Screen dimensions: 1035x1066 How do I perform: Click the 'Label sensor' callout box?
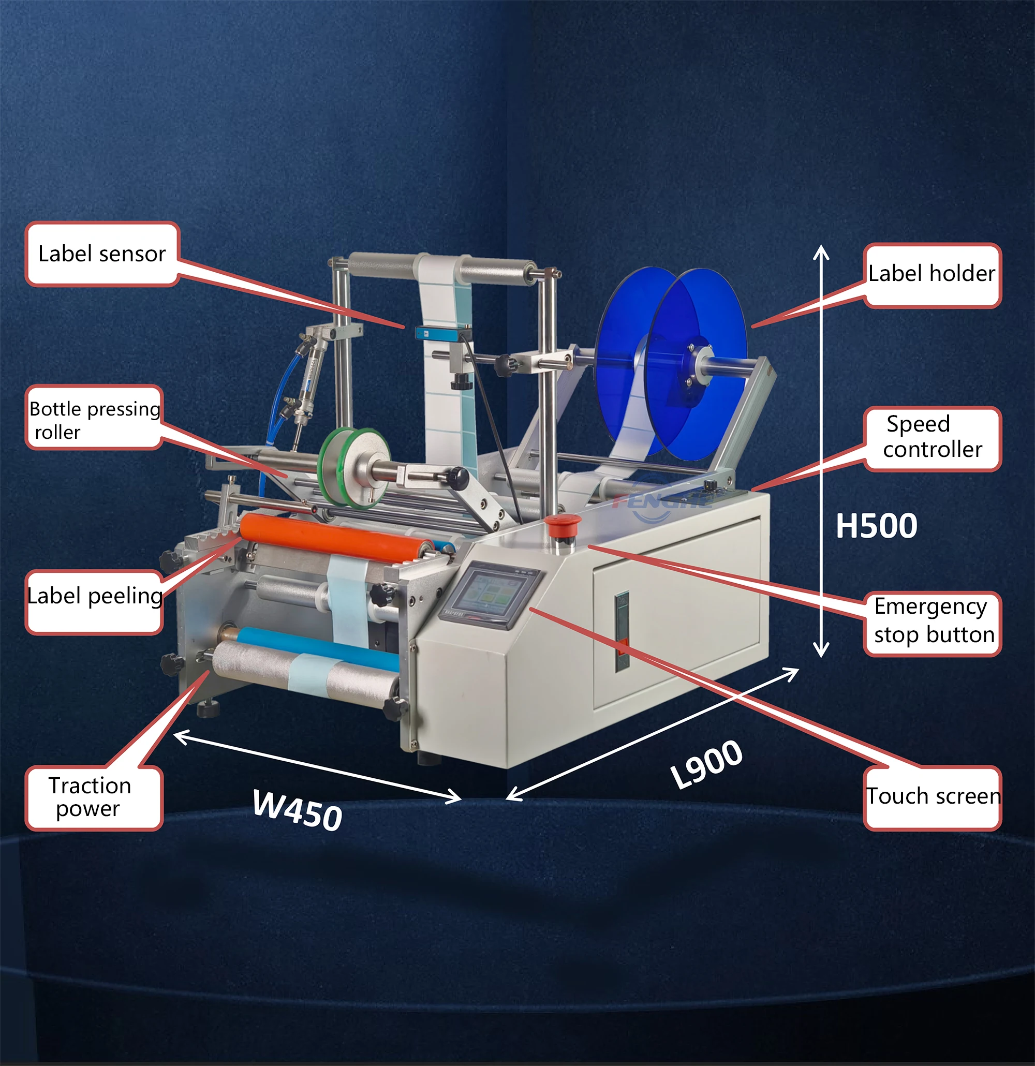tap(102, 254)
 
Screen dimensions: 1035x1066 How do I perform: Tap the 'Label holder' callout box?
tap(932, 275)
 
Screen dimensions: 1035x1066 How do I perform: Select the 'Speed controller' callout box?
tap(932, 438)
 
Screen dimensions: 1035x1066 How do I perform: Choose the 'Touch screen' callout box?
tap(932, 797)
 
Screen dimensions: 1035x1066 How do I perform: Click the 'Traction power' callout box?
tap(94, 797)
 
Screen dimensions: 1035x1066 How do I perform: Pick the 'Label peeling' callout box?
tap(94, 601)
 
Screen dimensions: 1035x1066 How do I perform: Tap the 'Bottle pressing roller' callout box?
tap(94, 417)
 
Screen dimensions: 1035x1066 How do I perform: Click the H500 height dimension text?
tap(876, 526)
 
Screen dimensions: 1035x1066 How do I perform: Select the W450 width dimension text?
tap(298, 810)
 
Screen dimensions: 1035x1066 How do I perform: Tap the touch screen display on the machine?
tap(489, 595)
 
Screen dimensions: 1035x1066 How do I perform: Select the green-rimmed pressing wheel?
tap(354, 466)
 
